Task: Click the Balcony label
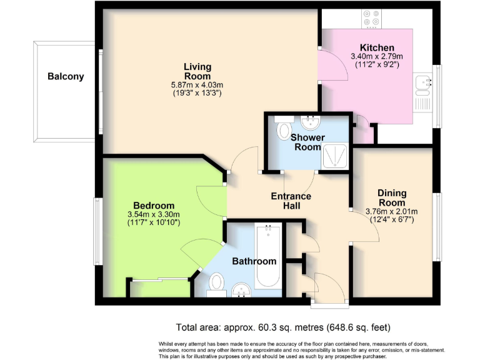[66, 77]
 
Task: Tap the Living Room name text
[197, 71]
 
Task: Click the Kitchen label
[377, 47]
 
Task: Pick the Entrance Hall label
[291, 201]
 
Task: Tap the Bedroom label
[153, 206]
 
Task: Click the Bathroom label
[254, 261]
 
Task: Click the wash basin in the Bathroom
[241, 288]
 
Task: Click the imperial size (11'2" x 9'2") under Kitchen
[377, 64]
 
